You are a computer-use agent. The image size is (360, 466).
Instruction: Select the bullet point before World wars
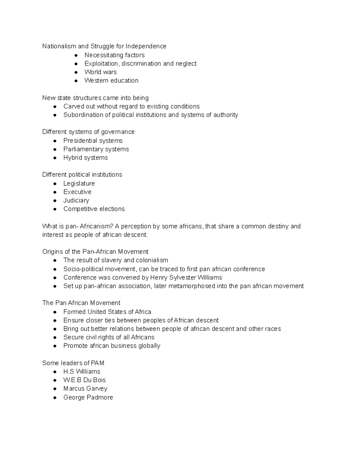point(76,72)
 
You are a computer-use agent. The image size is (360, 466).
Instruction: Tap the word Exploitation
point(101,64)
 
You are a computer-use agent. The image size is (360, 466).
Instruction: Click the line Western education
point(111,80)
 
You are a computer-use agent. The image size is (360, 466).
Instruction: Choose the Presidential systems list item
point(93,141)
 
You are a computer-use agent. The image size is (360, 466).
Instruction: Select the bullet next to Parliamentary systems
point(55,149)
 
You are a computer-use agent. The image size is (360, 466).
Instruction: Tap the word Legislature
point(79,183)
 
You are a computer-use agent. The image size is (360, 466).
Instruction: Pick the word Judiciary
point(76,200)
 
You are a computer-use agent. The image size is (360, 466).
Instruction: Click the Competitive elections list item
point(94,209)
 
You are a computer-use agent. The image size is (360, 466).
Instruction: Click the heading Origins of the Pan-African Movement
point(95,251)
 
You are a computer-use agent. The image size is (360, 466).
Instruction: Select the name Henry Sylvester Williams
point(186,278)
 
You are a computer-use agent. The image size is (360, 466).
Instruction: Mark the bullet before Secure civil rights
point(55,338)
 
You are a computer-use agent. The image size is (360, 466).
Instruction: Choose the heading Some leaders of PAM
point(73,363)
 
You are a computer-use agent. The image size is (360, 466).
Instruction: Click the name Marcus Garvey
point(85,389)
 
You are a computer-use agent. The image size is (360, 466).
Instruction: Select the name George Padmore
point(88,397)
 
